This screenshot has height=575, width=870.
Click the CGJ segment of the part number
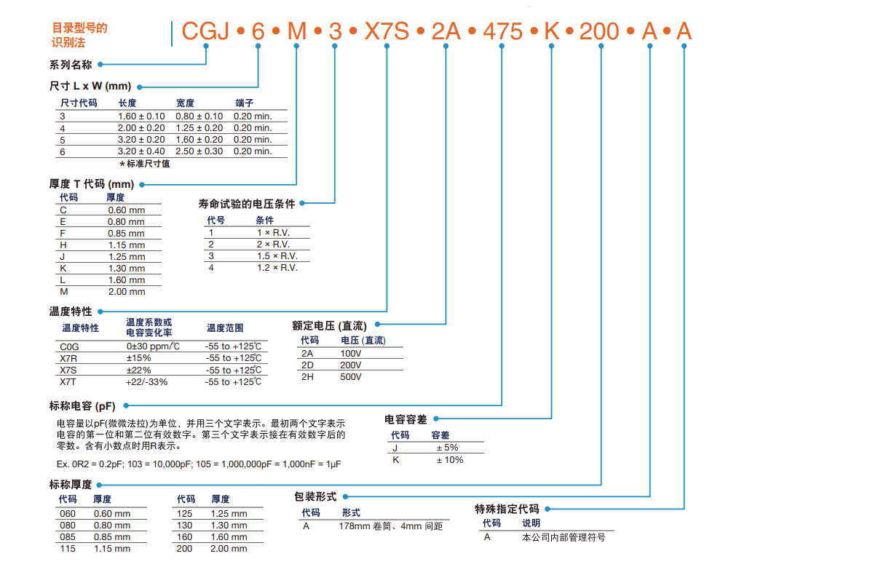tap(205, 31)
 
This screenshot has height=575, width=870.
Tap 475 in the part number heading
tap(502, 31)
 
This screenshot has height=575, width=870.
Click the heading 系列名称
tap(71, 65)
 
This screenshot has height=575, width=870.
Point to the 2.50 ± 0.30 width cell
tap(199, 151)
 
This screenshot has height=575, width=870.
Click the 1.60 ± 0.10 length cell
tap(141, 116)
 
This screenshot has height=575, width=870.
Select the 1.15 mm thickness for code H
tap(126, 245)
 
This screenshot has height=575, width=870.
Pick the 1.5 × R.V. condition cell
tap(277, 256)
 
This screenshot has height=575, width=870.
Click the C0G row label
tap(70, 346)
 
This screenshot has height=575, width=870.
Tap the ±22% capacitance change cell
tap(138, 370)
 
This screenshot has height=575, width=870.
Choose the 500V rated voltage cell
tap(351, 377)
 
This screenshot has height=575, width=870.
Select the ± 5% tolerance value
tap(447, 448)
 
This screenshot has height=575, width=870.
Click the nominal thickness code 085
tap(67, 537)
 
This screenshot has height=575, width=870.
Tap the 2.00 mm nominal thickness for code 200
tap(229, 549)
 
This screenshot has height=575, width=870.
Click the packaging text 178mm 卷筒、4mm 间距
tap(392, 526)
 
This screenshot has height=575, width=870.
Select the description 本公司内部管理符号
tap(563, 537)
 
